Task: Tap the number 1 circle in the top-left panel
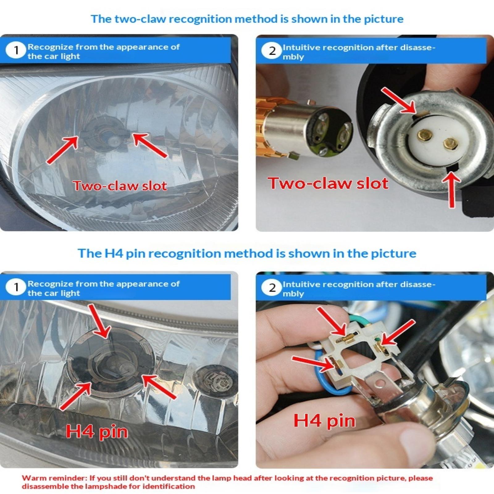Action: tap(16, 50)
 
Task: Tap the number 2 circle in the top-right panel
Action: tap(272, 51)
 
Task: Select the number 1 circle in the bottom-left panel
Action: tap(16, 287)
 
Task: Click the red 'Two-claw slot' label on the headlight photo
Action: tap(120, 186)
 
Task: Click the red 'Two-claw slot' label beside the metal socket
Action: tap(328, 183)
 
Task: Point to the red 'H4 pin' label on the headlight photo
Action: tap(97, 432)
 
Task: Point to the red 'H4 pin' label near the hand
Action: tap(324, 421)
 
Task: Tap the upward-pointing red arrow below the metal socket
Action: tap(452, 190)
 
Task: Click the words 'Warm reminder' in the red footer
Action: tap(54, 478)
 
